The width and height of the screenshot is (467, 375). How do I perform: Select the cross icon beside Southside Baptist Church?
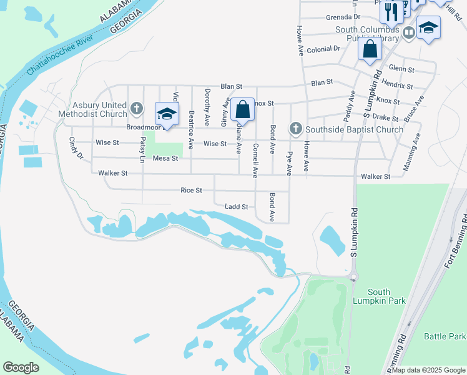(296, 129)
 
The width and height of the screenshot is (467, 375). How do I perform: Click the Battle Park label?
(445, 336)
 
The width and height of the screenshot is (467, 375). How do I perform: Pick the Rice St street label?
(191, 190)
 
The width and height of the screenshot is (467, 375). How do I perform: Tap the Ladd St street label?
(237, 206)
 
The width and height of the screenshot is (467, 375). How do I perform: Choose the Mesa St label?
(165, 159)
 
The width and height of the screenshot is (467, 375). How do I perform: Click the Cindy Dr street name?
(76, 148)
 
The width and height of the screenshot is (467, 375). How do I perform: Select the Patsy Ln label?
(143, 151)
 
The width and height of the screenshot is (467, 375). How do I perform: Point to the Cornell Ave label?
(255, 161)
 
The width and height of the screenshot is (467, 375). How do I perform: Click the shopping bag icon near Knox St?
(242, 110)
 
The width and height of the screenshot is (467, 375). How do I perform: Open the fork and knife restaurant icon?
(391, 11)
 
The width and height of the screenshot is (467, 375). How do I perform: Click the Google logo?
(21, 367)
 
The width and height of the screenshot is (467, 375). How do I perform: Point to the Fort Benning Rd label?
(456, 240)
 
